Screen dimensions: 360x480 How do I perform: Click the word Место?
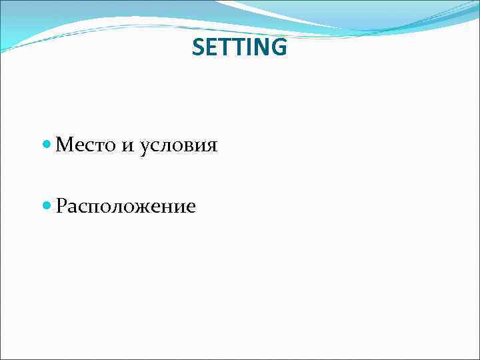pyautogui.click(x=85, y=144)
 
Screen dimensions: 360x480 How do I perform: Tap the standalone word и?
pyautogui.click(x=127, y=145)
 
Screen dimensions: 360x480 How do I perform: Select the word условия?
pyautogui.click(x=179, y=145)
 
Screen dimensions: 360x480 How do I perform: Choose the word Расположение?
pyautogui.click(x=126, y=207)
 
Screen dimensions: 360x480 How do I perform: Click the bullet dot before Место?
pyautogui.click(x=46, y=144)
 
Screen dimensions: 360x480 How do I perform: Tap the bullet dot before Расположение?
pyautogui.click(x=46, y=206)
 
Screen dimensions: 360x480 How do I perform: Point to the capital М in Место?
pyautogui.click(x=65, y=144)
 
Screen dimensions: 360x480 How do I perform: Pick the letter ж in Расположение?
pyautogui.click(x=144, y=207)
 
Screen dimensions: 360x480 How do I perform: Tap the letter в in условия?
pyautogui.click(x=189, y=145)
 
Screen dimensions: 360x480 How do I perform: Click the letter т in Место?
pyautogui.click(x=97, y=145)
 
